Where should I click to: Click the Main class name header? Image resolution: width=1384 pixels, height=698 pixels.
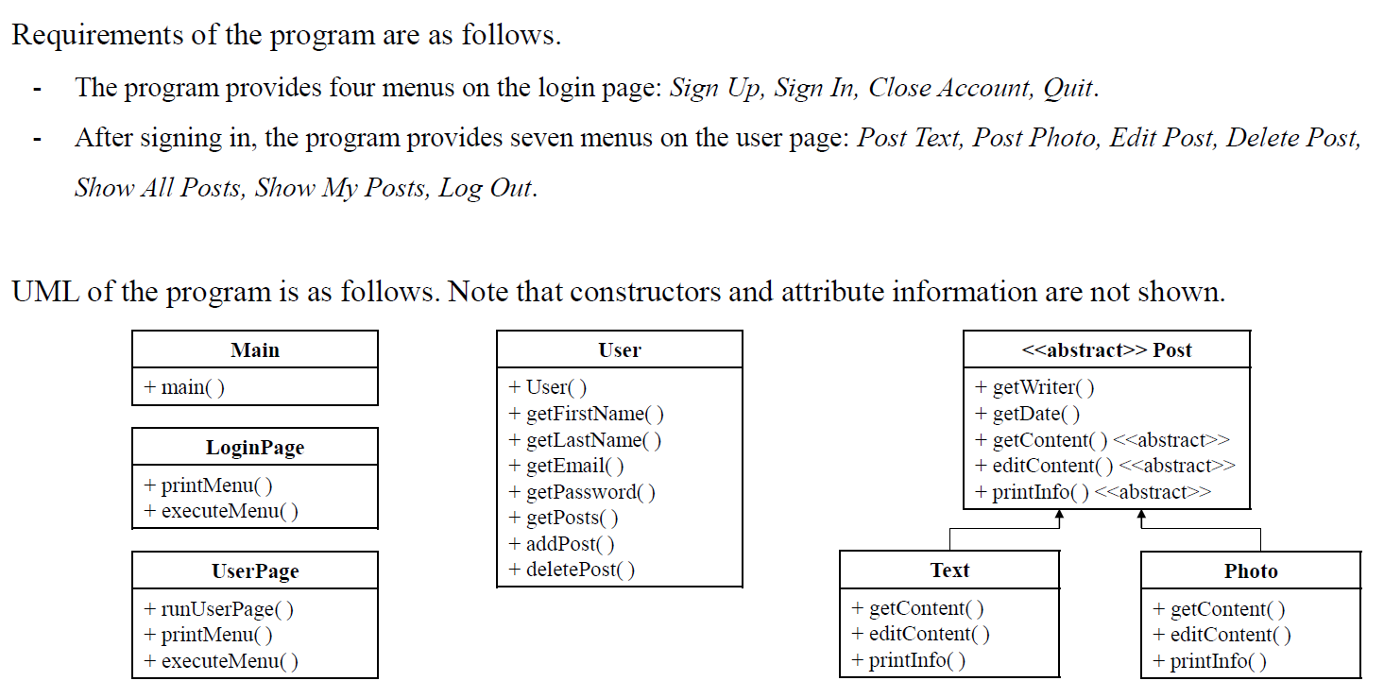coord(255,349)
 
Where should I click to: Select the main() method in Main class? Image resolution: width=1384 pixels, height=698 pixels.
coord(184,387)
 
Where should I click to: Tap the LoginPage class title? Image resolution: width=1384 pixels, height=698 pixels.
coord(255,447)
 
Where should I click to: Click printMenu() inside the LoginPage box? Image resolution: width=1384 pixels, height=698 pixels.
coord(208,485)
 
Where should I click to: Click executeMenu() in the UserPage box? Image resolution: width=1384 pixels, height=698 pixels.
coord(221,661)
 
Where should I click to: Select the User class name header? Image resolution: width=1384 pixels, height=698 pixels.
coord(620,349)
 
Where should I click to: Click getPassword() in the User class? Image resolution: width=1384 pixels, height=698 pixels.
coord(582,492)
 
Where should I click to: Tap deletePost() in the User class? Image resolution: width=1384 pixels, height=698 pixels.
coord(572,570)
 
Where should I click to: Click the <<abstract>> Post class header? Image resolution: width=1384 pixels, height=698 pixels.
coord(1106,349)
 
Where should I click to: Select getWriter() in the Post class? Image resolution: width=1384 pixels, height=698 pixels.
coord(1035,387)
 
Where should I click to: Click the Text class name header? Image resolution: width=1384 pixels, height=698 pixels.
coord(949,570)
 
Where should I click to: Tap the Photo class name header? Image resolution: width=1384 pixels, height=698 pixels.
coord(1251,570)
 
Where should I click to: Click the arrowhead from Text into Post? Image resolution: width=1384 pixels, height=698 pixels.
coord(1059,516)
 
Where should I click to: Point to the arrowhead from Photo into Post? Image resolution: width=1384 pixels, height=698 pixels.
coord(1142,516)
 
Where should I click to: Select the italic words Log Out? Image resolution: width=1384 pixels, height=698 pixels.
coord(486,188)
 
